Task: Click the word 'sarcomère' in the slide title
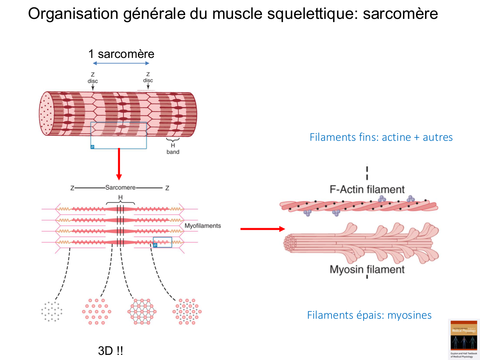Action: (400, 14)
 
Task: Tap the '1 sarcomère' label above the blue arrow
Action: (121, 54)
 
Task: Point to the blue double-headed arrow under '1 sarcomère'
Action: (121, 63)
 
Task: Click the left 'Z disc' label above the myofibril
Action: (93, 78)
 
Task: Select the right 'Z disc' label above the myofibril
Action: (148, 77)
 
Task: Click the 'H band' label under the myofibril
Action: (173, 149)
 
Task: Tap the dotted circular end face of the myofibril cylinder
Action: (46, 114)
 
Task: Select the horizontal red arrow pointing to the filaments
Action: (262, 229)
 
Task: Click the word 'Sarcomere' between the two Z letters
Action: (120, 188)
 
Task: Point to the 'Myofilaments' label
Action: (203, 226)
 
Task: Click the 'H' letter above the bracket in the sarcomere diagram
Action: (120, 197)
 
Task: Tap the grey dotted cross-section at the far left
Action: (52, 311)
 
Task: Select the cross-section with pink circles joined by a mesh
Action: (142, 311)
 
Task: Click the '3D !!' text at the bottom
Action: (110, 351)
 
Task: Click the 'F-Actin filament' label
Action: (367, 189)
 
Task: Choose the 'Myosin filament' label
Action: (367, 269)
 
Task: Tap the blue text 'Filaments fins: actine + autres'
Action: (381, 137)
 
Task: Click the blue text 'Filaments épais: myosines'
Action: (369, 315)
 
